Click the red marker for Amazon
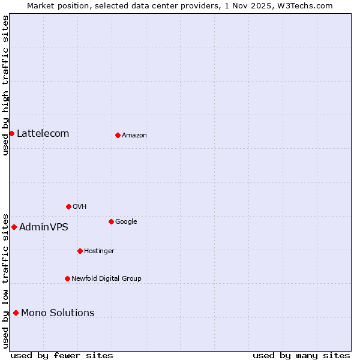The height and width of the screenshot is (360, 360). tap(118, 135)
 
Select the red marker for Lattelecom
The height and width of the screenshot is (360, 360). tap(11, 133)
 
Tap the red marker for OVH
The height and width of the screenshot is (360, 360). tap(68, 206)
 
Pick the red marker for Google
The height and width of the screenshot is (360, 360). tap(111, 221)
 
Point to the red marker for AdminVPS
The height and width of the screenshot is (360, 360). tap(14, 227)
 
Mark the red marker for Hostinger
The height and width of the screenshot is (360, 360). tap(80, 251)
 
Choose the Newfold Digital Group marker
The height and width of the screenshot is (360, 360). tap(67, 278)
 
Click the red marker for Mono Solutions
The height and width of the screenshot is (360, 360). tap(16, 313)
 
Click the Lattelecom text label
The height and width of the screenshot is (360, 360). tap(43, 133)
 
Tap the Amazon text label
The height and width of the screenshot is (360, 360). tap(134, 135)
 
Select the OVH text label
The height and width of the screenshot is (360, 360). tap(80, 206)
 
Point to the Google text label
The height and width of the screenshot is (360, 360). tap(126, 221)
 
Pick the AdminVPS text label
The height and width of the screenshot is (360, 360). tap(44, 227)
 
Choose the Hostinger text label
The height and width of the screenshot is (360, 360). tap(99, 251)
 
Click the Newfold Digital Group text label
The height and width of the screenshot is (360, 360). tap(106, 278)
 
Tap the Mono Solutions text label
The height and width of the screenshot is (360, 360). tap(58, 313)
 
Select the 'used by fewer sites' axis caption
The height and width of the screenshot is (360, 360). tap(62, 355)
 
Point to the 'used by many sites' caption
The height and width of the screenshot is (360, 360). tap(301, 355)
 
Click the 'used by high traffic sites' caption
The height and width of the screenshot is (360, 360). tap(5, 85)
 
